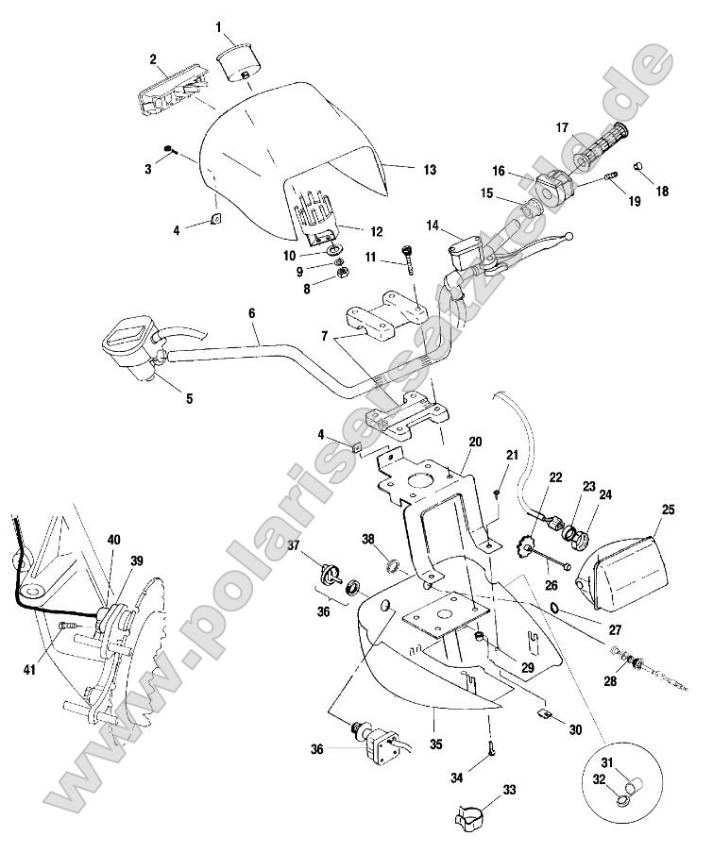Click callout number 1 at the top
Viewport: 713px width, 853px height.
[218, 25]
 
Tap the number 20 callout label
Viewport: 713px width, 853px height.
[474, 441]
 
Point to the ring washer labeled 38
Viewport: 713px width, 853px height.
[391, 568]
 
